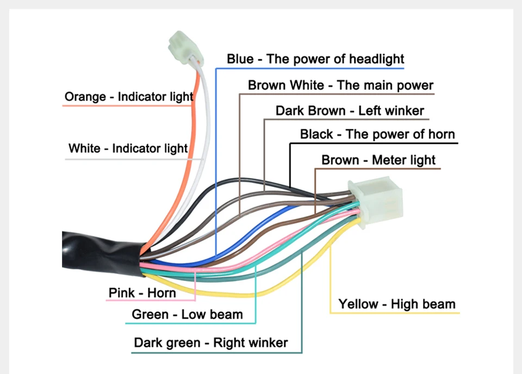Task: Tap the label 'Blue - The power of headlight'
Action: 315,59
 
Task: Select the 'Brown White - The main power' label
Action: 340,85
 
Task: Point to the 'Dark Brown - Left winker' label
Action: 350,111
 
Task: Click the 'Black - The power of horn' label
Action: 377,134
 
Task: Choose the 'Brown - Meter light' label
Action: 378,160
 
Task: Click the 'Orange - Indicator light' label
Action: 129,97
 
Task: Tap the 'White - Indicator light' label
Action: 128,148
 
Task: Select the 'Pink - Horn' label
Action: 142,293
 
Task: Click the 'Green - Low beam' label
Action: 187,314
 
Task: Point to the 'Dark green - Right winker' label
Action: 211,342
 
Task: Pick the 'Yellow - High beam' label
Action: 397,304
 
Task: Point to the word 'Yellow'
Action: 358,304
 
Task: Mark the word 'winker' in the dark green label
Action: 267,342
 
